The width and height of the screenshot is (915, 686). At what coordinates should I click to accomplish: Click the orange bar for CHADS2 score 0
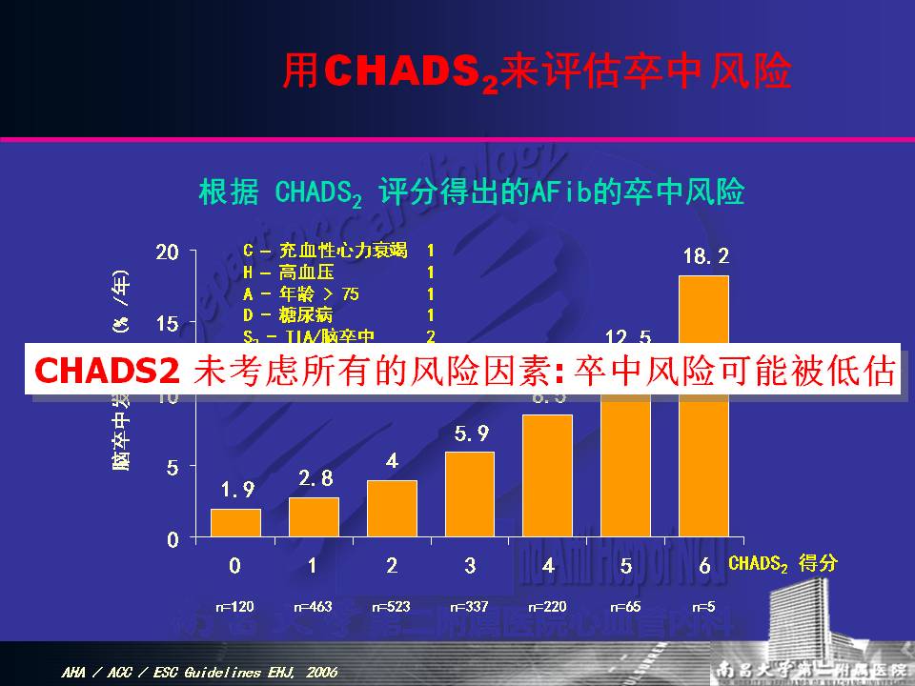pyautogui.click(x=235, y=522)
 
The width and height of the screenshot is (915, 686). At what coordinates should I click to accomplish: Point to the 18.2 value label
pyautogui.click(x=705, y=256)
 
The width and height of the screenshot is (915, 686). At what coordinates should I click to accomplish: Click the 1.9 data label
pyautogui.click(x=237, y=490)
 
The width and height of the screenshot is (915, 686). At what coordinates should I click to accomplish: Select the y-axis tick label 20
pyautogui.click(x=168, y=252)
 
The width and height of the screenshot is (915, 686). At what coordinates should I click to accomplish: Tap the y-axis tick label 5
pyautogui.click(x=173, y=468)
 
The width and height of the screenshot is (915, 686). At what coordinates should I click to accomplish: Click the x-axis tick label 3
pyautogui.click(x=470, y=565)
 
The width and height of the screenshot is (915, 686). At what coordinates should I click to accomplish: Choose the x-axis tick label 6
pyautogui.click(x=704, y=565)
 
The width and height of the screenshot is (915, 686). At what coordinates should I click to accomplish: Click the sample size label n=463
pyautogui.click(x=313, y=606)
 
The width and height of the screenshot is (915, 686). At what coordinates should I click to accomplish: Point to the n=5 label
pyautogui.click(x=703, y=606)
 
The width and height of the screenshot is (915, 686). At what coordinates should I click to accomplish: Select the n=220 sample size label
pyautogui.click(x=547, y=606)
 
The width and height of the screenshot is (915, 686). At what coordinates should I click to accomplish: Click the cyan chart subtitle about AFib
pyautogui.click(x=471, y=192)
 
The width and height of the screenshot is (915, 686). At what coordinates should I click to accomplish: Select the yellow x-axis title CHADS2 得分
pyautogui.click(x=783, y=563)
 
